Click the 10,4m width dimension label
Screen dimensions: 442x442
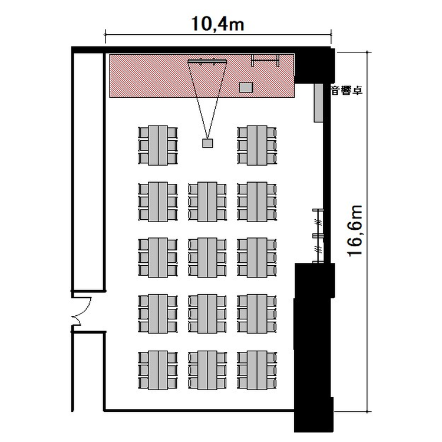pos(217,24)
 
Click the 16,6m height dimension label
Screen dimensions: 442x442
pos(354,231)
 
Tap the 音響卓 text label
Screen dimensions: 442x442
pos(347,91)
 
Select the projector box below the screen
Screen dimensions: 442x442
pos(207,143)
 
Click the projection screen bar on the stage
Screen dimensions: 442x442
pos(207,61)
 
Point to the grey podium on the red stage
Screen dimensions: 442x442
pos(246,87)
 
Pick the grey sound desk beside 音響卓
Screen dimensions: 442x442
pos(318,103)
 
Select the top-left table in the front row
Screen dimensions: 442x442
pos(158,146)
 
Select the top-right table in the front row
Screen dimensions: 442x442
pos(257,146)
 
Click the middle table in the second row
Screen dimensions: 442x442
pos(207,202)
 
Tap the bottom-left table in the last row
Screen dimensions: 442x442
pos(158,371)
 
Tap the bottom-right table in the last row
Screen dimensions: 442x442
pos(257,371)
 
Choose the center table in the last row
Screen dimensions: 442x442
pos(207,371)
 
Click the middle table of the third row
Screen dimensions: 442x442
pos(207,258)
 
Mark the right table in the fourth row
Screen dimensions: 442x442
pos(257,314)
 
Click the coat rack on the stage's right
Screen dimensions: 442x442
pos(265,60)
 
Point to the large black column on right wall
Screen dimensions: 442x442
pos(314,347)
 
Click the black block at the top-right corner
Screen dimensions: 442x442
pos(314,65)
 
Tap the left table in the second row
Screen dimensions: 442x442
pos(158,202)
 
